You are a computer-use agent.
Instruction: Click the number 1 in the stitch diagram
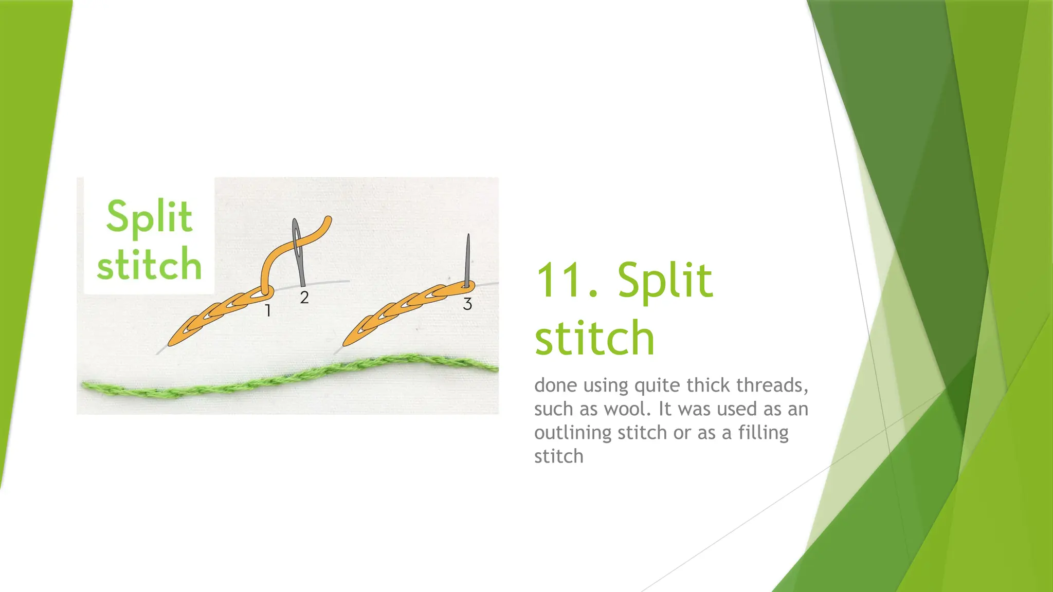pos(267,310)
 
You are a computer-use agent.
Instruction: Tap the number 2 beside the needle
pos(304,297)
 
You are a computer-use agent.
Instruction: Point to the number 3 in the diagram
pos(467,304)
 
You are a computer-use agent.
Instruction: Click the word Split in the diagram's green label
pos(149,217)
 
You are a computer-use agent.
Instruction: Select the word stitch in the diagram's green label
pos(149,264)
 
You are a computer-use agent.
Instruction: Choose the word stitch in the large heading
pos(594,338)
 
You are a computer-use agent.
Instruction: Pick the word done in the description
pos(555,385)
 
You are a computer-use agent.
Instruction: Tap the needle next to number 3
pos(468,260)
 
